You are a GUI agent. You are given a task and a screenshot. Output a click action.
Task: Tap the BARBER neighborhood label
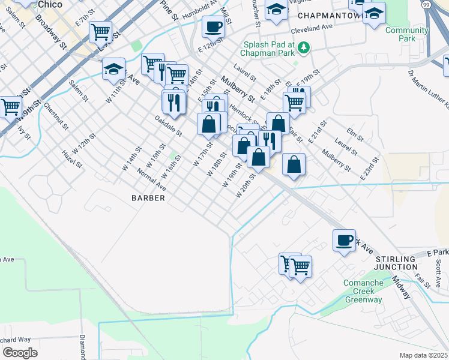[149, 197]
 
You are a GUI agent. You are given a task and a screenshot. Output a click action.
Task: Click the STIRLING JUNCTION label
[396, 262]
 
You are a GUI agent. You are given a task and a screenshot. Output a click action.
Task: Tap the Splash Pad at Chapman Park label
[268, 49]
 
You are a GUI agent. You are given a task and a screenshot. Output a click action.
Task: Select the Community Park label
[401, 34]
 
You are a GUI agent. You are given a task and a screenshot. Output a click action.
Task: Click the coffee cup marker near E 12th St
[213, 26]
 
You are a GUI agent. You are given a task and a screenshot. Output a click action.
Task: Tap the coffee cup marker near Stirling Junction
[345, 240]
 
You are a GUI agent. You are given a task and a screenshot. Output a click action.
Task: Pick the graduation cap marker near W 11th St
[113, 69]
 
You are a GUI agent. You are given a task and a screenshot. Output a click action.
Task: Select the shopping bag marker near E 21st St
[294, 164]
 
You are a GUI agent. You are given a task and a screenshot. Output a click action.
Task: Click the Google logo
[20, 352]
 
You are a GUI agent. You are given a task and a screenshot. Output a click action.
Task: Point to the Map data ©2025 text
[424, 355]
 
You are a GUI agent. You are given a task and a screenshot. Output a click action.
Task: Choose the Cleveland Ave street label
[312, 29]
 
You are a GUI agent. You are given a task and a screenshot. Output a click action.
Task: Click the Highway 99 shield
[426, 4]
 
